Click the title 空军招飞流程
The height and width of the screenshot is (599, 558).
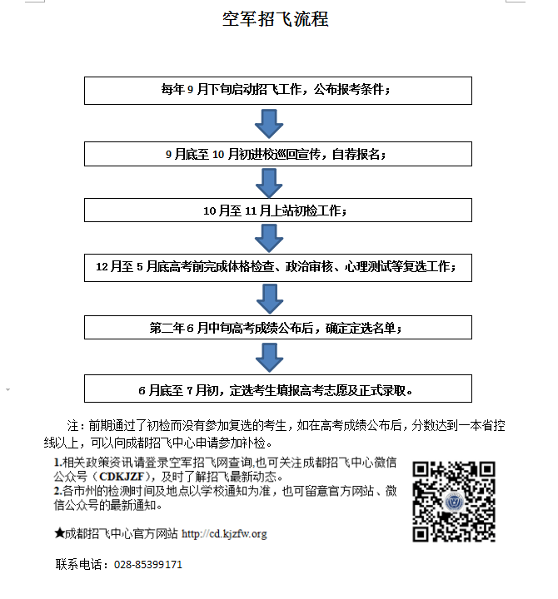click(x=276, y=19)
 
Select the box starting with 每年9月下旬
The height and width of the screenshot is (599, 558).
click(x=278, y=91)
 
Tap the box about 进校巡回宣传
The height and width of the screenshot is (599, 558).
click(x=278, y=154)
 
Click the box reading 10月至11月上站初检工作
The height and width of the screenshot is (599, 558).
click(x=278, y=210)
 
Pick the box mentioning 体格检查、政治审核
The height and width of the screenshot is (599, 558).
click(x=278, y=268)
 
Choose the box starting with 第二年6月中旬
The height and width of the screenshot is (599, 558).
click(x=278, y=328)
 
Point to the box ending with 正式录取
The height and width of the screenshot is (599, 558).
click(x=278, y=389)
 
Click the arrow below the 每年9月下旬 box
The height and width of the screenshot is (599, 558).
click(x=269, y=124)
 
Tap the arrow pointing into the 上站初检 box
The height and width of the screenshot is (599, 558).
click(x=269, y=183)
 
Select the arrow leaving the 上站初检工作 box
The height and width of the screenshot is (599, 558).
click(x=269, y=239)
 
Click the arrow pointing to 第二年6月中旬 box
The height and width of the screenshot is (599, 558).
click(x=270, y=299)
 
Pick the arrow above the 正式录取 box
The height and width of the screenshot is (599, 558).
click(x=269, y=358)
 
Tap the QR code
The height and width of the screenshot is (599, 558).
click(x=454, y=502)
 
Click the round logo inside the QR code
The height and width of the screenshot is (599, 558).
click(x=455, y=502)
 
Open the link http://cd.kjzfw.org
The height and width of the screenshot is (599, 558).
click(x=224, y=533)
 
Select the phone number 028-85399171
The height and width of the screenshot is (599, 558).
click(x=148, y=565)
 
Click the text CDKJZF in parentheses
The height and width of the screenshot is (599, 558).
click(x=122, y=477)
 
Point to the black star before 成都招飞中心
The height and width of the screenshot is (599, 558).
click(x=59, y=533)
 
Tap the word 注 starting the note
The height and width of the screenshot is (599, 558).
click(x=72, y=426)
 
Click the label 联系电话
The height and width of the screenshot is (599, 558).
click(x=78, y=565)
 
